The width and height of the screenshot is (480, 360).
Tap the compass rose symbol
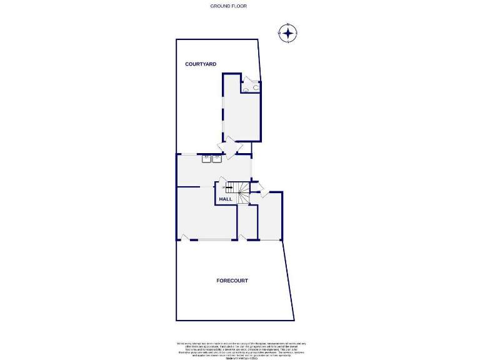pyautogui.click(x=288, y=33)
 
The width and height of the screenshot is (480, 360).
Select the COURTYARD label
pyautogui.click(x=201, y=64)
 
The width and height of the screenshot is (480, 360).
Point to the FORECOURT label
pyautogui.click(x=232, y=281)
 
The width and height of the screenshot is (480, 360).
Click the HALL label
pyautogui.click(x=226, y=199)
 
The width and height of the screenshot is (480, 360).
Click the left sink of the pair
pyautogui.click(x=206, y=159)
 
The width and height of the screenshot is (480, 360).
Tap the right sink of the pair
pyautogui.click(x=217, y=159)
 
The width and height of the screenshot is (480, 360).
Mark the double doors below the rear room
pyautogui.click(x=229, y=147)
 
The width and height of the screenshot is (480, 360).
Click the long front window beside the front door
pyautogui.click(x=216, y=240)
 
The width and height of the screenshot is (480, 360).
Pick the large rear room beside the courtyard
pyautogui.click(x=241, y=112)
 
